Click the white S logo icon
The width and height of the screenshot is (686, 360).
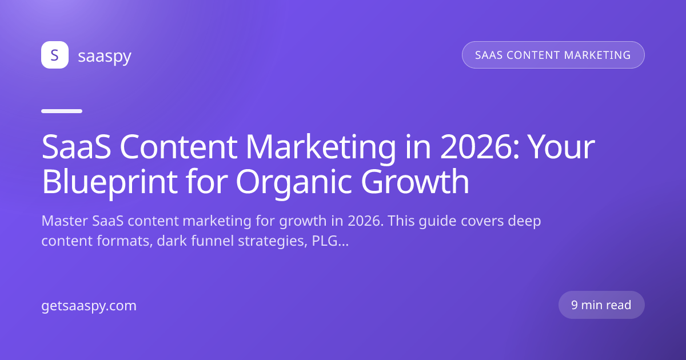tap(55, 55)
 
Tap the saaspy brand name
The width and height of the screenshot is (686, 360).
tap(105, 57)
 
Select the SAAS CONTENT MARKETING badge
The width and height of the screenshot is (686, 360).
tap(553, 55)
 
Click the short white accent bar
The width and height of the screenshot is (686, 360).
tap(62, 111)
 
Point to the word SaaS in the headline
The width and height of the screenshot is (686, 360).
tap(76, 147)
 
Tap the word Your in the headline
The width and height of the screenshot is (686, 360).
tap(563, 147)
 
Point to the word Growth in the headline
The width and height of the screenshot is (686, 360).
tap(415, 182)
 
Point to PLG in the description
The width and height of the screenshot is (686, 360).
tap(325, 241)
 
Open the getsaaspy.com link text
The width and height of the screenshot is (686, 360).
tap(89, 306)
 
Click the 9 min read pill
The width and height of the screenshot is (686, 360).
tap(601, 305)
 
